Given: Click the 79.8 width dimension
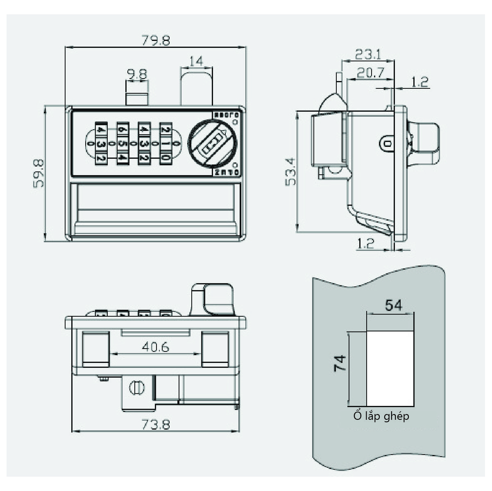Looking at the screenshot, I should point(156,41).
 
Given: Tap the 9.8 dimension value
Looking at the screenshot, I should point(137,74).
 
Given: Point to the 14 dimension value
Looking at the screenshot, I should point(197,61).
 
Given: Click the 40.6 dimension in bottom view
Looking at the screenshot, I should point(155,347).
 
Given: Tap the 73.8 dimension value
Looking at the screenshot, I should point(156,424).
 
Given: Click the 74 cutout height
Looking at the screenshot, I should point(340,363).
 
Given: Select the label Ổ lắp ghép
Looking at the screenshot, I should point(381,416).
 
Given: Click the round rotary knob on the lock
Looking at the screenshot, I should point(213,144).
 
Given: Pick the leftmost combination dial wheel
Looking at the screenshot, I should point(101,144).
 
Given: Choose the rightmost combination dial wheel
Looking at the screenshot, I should point(165,144).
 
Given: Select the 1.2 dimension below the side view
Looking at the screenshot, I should point(365,244).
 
